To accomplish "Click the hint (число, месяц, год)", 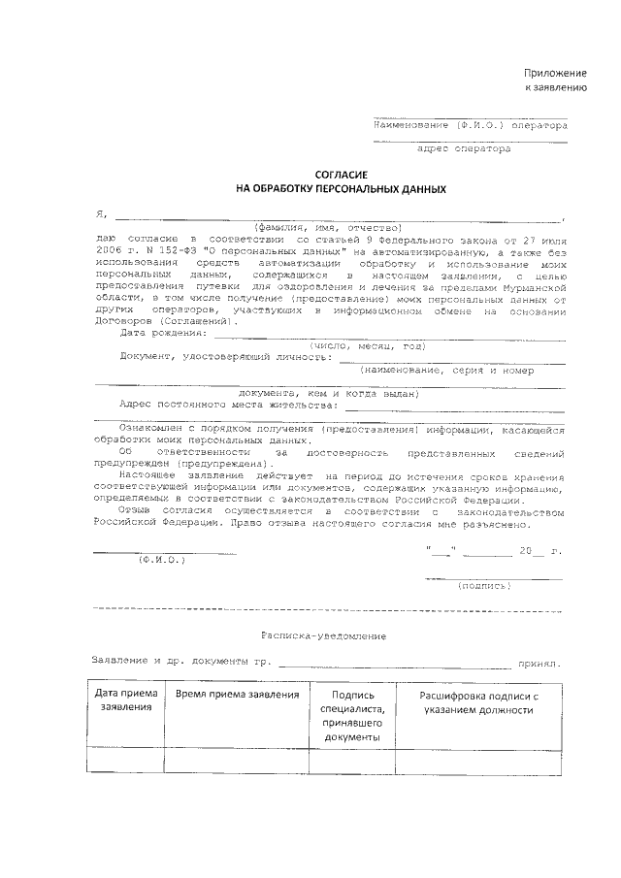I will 367,345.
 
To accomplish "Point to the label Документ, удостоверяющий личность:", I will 224,356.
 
